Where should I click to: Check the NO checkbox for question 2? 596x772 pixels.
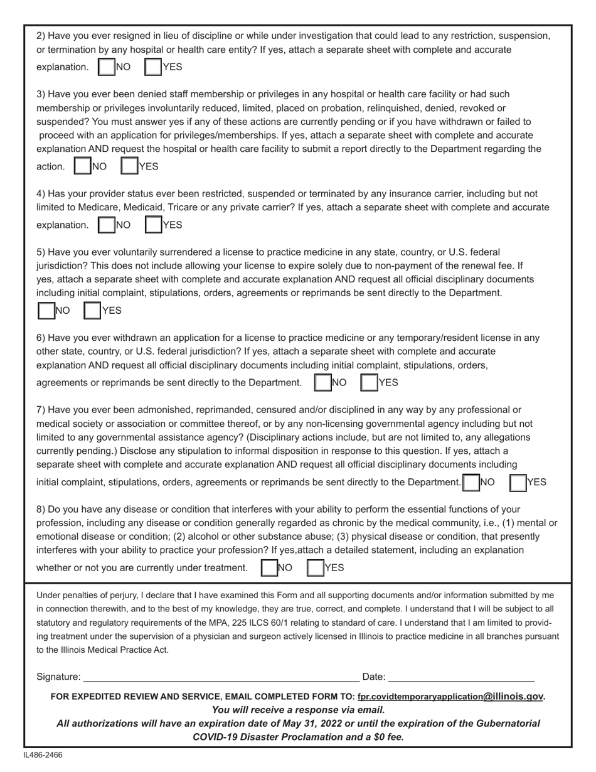click(x=107, y=67)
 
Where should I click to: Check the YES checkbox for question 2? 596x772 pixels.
click(x=153, y=67)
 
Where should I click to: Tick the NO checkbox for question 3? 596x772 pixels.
click(x=83, y=166)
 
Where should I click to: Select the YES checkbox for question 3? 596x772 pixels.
click(x=129, y=166)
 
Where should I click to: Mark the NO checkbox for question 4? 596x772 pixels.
click(x=107, y=225)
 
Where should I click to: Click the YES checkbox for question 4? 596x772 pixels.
click(x=153, y=225)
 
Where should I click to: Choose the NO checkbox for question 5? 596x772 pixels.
click(x=46, y=311)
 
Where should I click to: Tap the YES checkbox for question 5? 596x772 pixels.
click(x=93, y=311)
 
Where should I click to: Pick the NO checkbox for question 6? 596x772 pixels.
click(x=322, y=382)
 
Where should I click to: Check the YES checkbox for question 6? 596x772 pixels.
click(x=369, y=382)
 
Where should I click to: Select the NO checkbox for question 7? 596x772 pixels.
click(x=470, y=482)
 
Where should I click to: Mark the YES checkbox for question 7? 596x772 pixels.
click(x=518, y=482)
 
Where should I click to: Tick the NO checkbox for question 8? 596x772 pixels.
click(x=269, y=568)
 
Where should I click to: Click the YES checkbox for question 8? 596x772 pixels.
click(x=316, y=568)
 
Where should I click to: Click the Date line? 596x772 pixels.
click(x=461, y=677)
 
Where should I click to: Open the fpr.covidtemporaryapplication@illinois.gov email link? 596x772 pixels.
click(x=450, y=696)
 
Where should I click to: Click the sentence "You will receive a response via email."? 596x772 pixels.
click(x=298, y=710)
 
